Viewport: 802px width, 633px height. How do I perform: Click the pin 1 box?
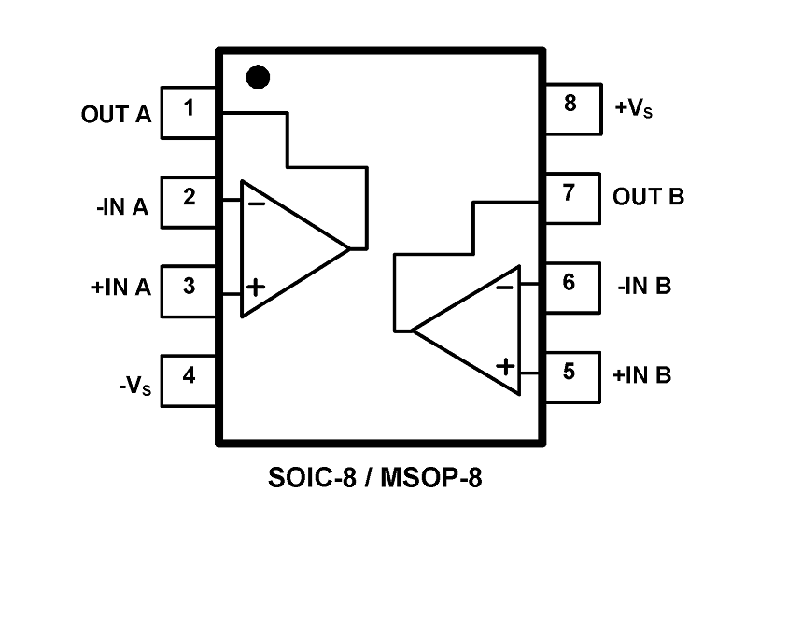click(x=190, y=113)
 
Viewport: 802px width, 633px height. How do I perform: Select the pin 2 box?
click(x=190, y=202)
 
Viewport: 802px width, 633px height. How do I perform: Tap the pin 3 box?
click(x=190, y=290)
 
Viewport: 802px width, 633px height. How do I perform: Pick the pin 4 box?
click(x=190, y=380)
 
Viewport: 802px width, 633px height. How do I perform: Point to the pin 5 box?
click(x=570, y=375)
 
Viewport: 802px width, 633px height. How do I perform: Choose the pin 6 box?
click(x=570, y=286)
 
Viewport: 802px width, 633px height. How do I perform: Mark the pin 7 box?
click(x=570, y=197)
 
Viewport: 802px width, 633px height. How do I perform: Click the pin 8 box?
click(x=570, y=108)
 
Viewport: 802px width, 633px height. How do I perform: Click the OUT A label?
click(x=116, y=115)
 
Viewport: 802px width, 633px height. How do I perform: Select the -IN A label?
click(x=122, y=206)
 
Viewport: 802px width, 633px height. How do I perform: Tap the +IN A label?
click(x=120, y=288)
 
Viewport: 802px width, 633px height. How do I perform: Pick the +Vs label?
click(x=633, y=108)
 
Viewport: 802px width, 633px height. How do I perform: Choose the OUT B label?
click(x=648, y=197)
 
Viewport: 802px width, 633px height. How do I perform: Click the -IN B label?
click(x=644, y=286)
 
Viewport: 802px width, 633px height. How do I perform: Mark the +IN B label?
click(x=642, y=375)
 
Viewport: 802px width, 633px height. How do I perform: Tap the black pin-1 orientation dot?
click(x=258, y=77)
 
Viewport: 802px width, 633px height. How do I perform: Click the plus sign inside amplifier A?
click(x=255, y=287)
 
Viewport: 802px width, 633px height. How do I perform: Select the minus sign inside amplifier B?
click(x=504, y=287)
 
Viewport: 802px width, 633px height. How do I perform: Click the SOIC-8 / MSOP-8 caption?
click(x=375, y=480)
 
